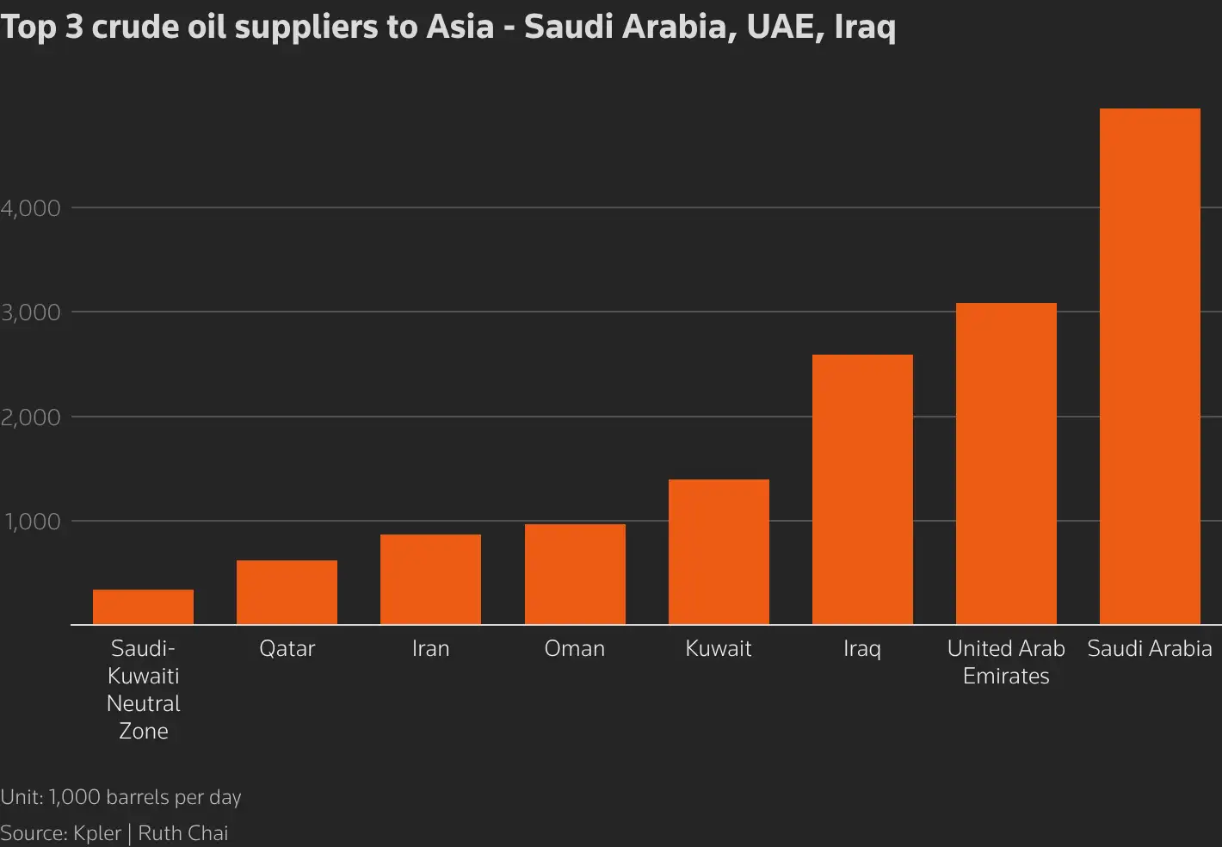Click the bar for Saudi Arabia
(x=1150, y=366)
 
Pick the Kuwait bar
(x=719, y=552)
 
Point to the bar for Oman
(x=575, y=574)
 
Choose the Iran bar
(x=430, y=579)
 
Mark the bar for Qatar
(x=287, y=592)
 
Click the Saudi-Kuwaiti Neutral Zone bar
(x=143, y=607)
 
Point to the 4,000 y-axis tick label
(x=31, y=208)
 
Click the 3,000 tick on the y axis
(x=31, y=312)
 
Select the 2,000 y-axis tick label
(x=31, y=417)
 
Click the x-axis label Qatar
(x=287, y=648)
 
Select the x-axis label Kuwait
(x=719, y=648)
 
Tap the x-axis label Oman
(x=575, y=648)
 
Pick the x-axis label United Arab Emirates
(x=1006, y=662)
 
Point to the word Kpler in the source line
(x=97, y=833)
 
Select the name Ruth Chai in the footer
(x=183, y=833)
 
